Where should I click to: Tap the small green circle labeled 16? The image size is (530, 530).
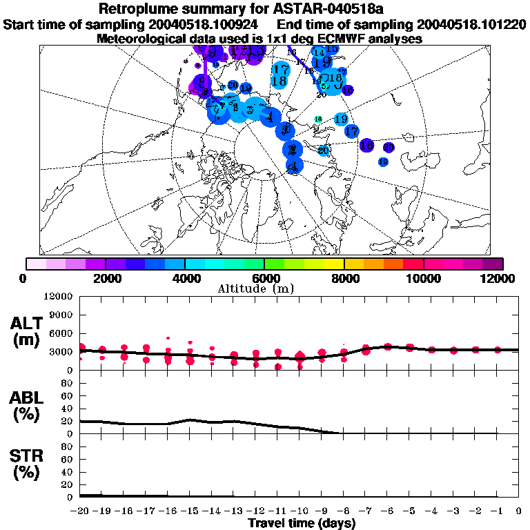click(318, 119)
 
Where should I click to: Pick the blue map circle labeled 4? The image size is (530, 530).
click(272, 116)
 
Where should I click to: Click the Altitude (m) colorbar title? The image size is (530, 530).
click(264, 288)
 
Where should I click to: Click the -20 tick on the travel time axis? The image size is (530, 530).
click(80, 511)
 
